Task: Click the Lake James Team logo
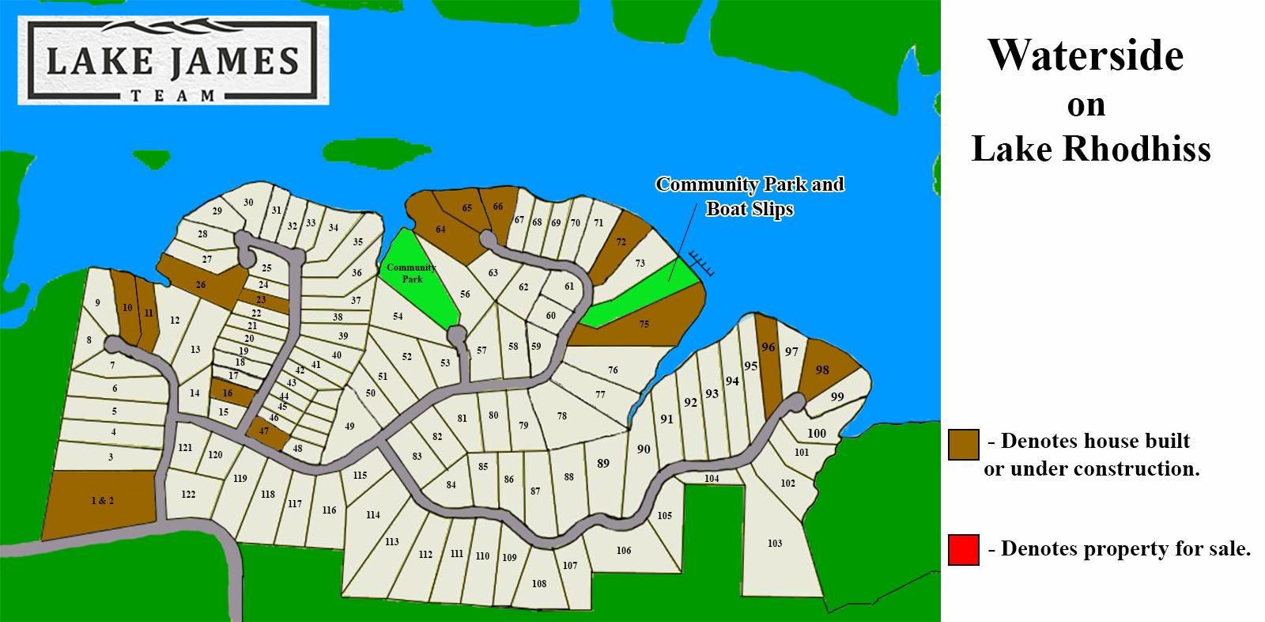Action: (x=172, y=63)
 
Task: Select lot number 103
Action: (x=775, y=544)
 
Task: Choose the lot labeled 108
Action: (x=539, y=584)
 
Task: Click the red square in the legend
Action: (x=964, y=550)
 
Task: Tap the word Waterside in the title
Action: (x=1086, y=56)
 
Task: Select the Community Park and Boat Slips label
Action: (x=750, y=196)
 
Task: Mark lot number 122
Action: (x=188, y=495)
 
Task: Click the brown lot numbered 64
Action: (x=440, y=229)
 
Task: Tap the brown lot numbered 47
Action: (x=264, y=432)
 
